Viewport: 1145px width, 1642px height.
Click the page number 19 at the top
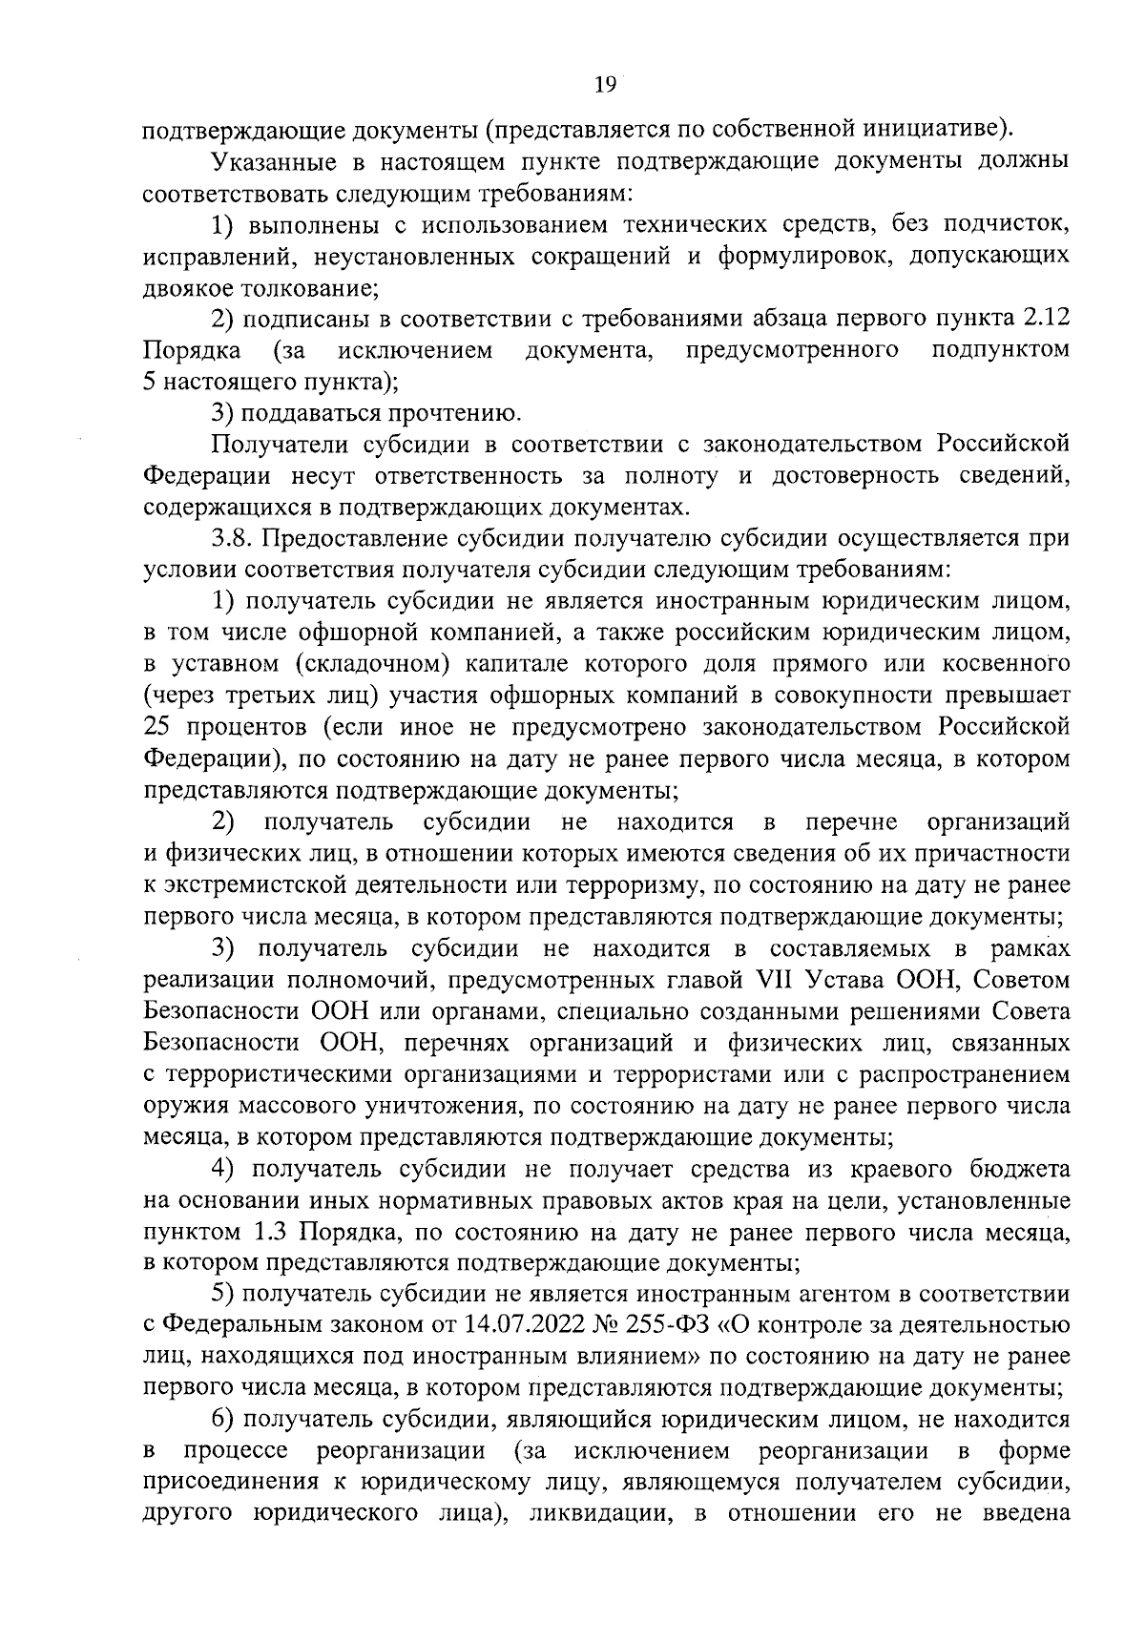point(605,85)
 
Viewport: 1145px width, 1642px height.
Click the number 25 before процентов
point(158,727)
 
